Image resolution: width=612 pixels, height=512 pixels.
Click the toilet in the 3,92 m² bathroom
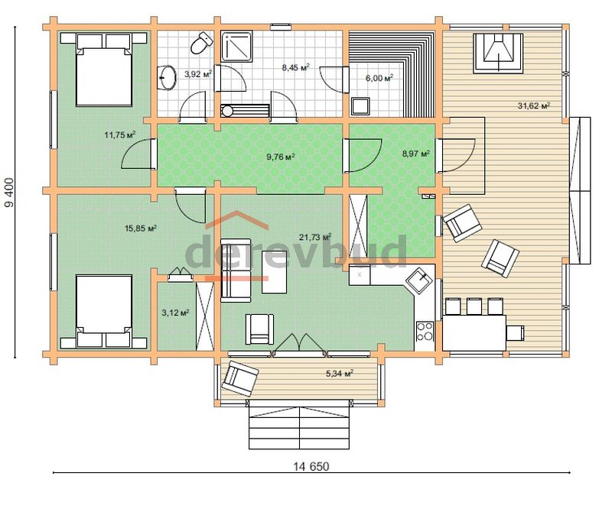coord(201,43)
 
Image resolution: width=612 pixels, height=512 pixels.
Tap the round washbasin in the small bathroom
coord(168,78)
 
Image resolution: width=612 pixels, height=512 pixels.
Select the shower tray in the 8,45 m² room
coord(237,47)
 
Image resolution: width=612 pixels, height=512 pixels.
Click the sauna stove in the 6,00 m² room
coord(360,106)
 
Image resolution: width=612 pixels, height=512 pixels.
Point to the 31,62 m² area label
coord(534,105)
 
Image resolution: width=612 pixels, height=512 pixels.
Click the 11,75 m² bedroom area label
coord(120,135)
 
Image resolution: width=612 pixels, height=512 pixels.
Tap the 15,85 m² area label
coord(141,228)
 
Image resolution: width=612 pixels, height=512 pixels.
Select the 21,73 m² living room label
coord(315,237)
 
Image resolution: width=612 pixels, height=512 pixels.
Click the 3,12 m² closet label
coord(176,313)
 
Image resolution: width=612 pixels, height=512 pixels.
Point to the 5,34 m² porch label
coord(340,374)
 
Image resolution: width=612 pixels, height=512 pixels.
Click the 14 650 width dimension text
coord(311,466)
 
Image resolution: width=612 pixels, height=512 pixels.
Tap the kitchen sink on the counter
coord(419,279)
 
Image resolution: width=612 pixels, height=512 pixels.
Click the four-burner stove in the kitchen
coord(425,331)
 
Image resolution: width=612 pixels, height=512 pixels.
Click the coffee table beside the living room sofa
coord(274,272)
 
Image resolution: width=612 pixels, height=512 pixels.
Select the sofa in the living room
coord(236,271)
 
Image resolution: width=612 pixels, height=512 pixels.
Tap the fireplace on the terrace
coord(498,53)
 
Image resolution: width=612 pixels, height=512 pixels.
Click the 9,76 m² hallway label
coord(280,157)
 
